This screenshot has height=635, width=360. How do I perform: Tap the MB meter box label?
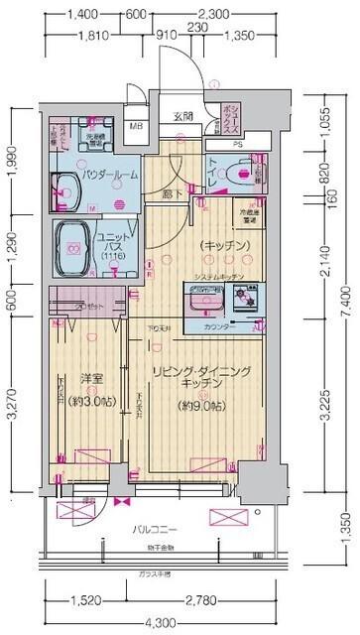point(140,126)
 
